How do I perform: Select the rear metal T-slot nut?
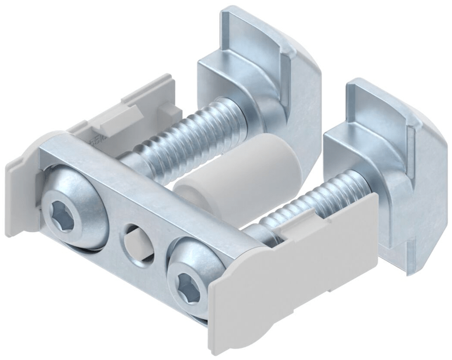[262, 82]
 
